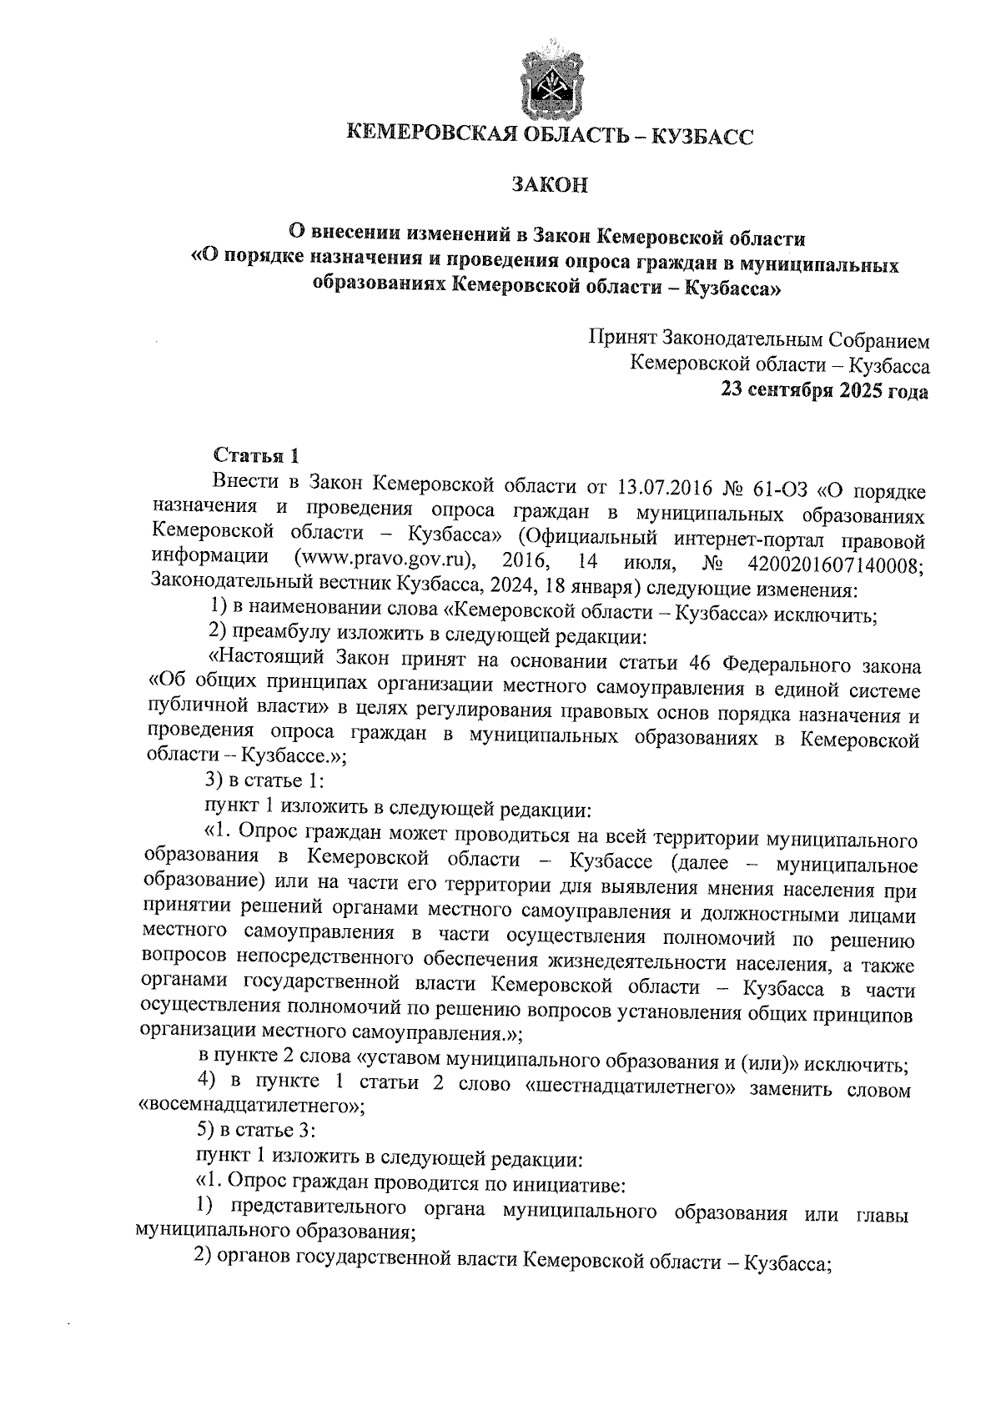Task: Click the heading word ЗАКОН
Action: point(550,184)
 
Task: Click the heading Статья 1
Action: point(256,455)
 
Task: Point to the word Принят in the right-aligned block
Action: point(623,339)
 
